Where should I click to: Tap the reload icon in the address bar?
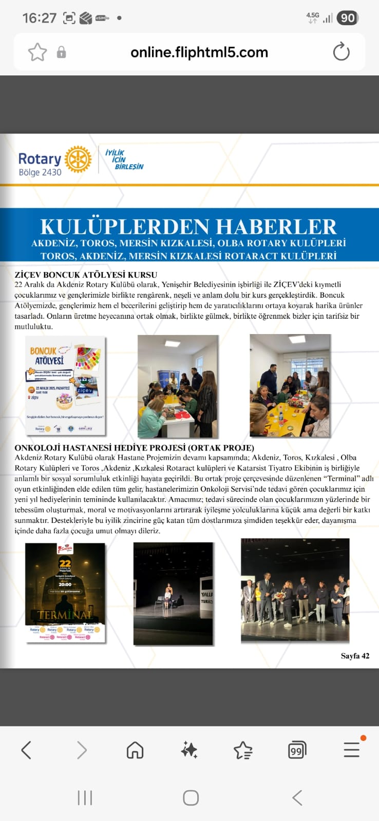tap(341, 52)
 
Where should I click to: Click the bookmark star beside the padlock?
tap(37, 52)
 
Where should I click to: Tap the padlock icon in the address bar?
tap(61, 52)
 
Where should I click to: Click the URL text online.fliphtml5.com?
tap(199, 52)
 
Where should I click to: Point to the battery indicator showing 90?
tap(348, 18)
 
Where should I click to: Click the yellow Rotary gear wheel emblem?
tap(78, 159)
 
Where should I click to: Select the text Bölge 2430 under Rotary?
tap(40, 172)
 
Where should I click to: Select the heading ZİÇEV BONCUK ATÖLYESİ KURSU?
tap(86, 275)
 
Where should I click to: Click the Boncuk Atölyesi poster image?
tap(66, 386)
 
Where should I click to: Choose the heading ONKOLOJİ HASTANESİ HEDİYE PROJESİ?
tap(135, 447)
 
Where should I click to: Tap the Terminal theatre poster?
tap(65, 592)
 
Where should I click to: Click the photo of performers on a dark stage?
tap(173, 593)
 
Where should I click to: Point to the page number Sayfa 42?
tap(355, 656)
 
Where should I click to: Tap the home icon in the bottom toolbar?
tap(135, 750)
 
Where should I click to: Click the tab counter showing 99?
tap(297, 751)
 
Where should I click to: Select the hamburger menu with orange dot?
tap(352, 750)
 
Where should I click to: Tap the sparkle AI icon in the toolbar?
tap(189, 750)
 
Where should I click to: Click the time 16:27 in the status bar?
tap(39, 18)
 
